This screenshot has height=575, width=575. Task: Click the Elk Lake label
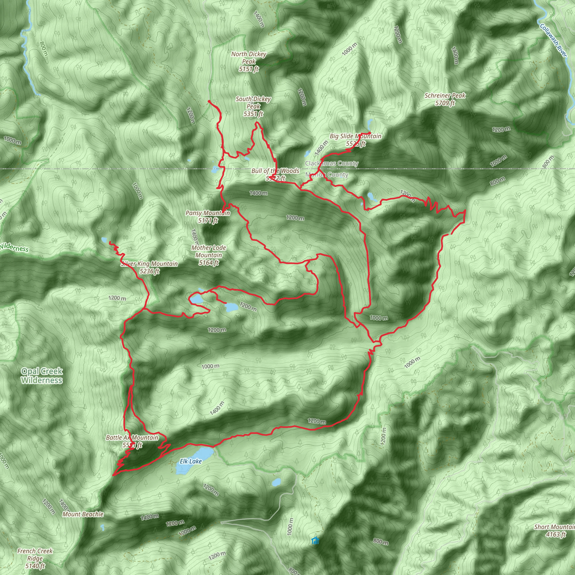[x=190, y=461]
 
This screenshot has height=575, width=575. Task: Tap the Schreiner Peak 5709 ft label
[x=445, y=99]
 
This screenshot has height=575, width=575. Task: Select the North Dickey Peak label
[x=248, y=61]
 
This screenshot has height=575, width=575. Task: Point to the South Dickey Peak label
[x=253, y=106]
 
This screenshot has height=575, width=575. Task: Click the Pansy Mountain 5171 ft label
[x=208, y=217]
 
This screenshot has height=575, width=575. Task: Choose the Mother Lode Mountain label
[x=209, y=255]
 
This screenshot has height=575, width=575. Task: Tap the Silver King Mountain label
[x=149, y=267]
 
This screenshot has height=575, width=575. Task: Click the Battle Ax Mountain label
[x=132, y=441]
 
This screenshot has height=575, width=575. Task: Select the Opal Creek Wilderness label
[x=42, y=376]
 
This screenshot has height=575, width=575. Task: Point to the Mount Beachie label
[x=83, y=514]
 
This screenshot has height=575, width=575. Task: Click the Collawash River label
[x=553, y=40]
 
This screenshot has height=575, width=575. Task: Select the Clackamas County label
[x=332, y=163]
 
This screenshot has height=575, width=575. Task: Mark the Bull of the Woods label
[x=275, y=174]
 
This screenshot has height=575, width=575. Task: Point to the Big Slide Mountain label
[x=355, y=140]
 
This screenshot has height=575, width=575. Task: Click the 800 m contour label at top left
[x=44, y=49]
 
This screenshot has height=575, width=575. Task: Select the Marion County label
[x=327, y=175]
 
